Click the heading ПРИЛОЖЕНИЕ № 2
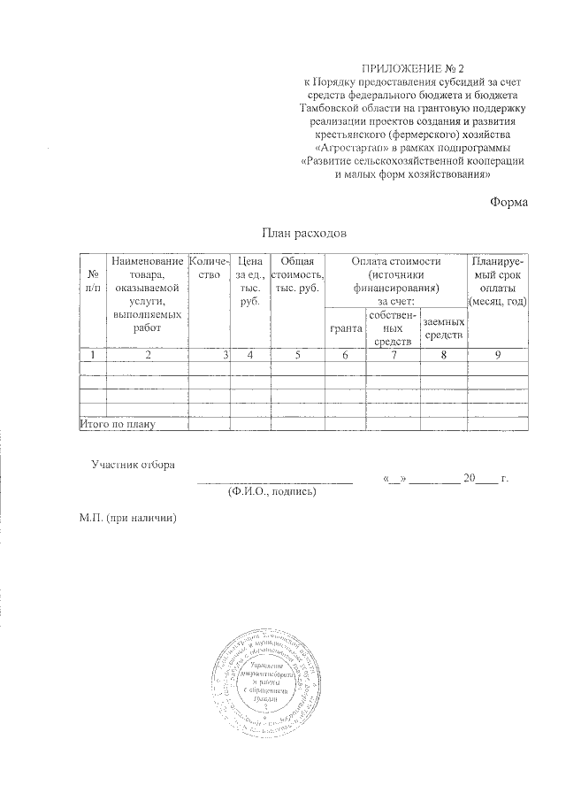414,68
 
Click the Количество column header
210,269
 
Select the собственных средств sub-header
392,328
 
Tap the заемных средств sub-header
443,328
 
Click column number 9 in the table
499,355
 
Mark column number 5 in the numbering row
296,355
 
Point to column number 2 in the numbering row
148,355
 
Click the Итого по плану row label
118,425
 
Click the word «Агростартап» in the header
352,146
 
